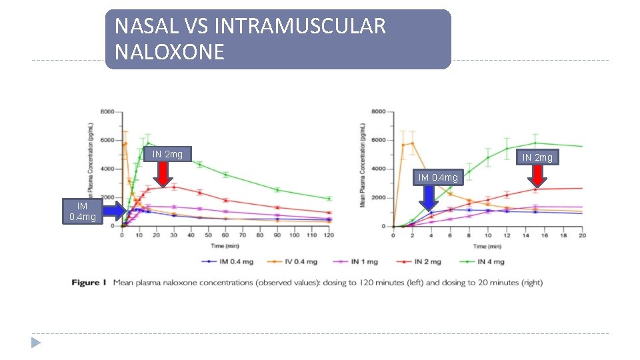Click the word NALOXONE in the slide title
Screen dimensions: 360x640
coord(169,52)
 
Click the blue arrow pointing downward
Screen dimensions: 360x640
coord(429,198)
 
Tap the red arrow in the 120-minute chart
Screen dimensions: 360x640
coord(163,175)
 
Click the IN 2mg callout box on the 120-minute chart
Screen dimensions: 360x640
coord(167,155)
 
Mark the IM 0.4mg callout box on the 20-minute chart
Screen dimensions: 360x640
coord(438,177)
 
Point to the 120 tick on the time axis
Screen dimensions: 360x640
coord(329,236)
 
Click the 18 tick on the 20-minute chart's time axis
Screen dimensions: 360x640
coord(563,236)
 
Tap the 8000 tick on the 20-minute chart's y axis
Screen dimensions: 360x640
coord(377,111)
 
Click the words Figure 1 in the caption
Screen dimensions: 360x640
coord(89,283)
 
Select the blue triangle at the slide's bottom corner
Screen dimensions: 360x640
coord(35,343)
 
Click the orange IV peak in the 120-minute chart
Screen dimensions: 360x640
coord(125,143)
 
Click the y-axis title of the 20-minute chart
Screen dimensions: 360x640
coord(363,165)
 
